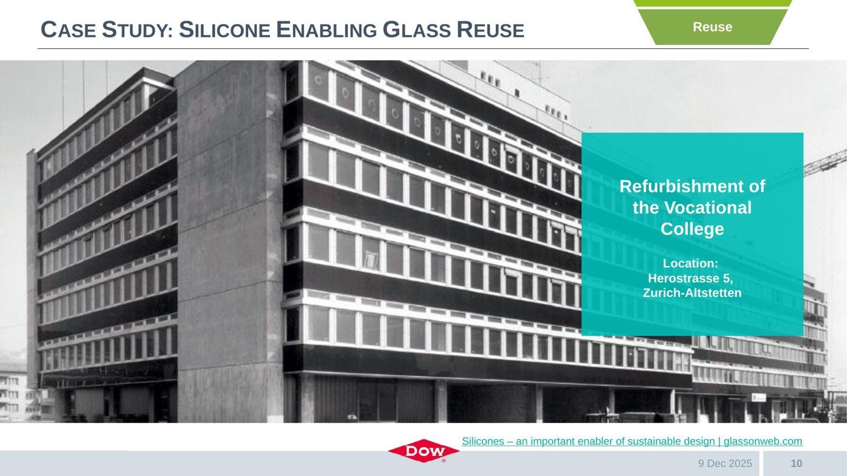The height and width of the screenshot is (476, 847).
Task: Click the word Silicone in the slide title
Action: click(x=224, y=30)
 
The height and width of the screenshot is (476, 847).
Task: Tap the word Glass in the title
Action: click(x=417, y=30)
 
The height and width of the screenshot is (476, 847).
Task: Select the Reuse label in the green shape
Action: click(x=713, y=27)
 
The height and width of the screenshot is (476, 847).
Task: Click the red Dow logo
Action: click(x=423, y=451)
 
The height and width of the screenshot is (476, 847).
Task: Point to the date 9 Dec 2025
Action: click(x=725, y=463)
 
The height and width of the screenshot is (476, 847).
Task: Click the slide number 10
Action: click(x=796, y=463)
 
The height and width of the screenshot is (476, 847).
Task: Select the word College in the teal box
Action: click(x=692, y=229)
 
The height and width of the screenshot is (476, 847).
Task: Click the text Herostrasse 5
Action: click(x=690, y=278)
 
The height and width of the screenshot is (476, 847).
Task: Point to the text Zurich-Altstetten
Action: click(x=692, y=293)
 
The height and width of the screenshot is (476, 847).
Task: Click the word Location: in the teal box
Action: click(x=690, y=263)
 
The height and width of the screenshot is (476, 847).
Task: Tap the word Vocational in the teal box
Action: click(x=708, y=207)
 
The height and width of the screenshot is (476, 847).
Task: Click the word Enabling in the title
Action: click(x=327, y=30)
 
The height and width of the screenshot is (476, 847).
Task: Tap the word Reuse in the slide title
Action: click(x=491, y=30)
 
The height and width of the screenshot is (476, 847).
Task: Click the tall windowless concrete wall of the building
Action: click(x=230, y=242)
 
